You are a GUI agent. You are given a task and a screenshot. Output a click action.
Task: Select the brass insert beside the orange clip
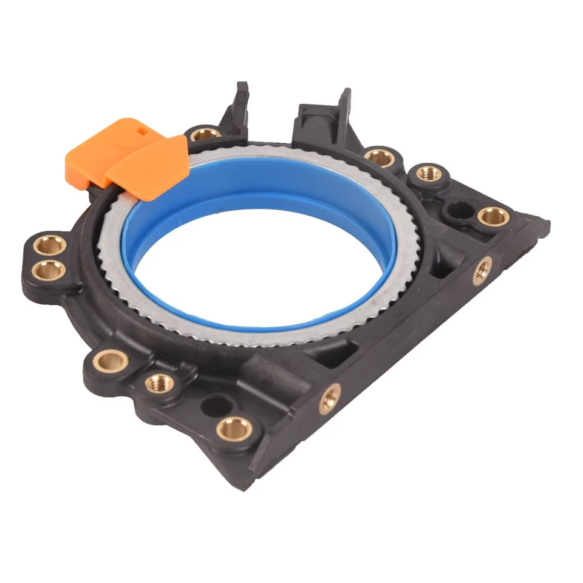pos(205,134)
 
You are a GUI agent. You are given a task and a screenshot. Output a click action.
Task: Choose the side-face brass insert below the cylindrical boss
pos(330,398)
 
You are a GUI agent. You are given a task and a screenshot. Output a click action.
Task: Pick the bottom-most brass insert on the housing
pos(234,428)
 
